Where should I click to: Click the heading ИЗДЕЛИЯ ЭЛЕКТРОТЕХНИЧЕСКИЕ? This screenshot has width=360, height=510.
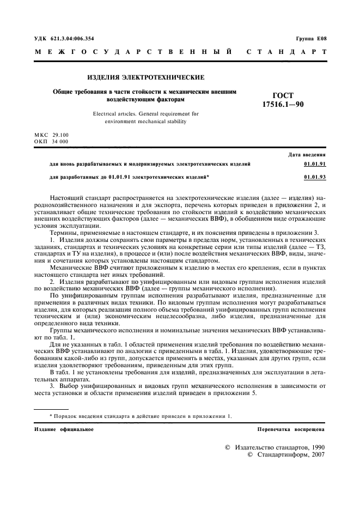coord(146,77)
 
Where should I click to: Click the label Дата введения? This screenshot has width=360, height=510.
coord(307,155)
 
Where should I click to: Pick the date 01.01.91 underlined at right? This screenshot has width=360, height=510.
coord(315,163)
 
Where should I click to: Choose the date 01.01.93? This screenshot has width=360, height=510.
coord(315,177)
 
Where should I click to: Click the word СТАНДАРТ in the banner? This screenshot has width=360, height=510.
coord(286,52)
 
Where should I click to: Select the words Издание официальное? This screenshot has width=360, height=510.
coord(64,429)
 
